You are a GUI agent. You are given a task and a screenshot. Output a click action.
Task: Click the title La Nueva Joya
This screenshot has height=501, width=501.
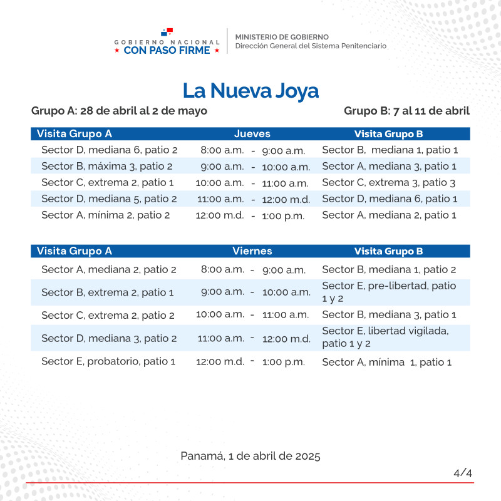[x=250, y=91]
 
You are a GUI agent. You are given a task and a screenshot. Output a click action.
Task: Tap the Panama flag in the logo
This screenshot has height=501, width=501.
[x=167, y=31]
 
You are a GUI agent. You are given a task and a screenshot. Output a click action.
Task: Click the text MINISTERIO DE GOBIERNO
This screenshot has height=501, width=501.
[x=282, y=37]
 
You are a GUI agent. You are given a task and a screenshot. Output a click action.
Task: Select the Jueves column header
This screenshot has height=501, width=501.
[x=252, y=133]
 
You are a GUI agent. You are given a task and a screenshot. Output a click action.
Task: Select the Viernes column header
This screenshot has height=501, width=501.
[x=252, y=251]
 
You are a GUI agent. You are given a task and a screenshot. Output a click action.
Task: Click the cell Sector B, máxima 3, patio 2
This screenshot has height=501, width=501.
[x=106, y=167]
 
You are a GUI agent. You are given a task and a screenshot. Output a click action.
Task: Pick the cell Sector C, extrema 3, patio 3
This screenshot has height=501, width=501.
[x=388, y=183]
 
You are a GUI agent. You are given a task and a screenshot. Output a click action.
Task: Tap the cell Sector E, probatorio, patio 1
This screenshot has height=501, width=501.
[x=108, y=361]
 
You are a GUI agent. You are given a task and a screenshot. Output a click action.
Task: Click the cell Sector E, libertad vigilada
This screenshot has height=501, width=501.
[x=385, y=337]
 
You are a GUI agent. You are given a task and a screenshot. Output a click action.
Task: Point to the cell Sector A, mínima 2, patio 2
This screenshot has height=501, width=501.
[x=106, y=215]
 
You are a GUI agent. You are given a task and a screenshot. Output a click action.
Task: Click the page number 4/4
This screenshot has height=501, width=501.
[x=463, y=473]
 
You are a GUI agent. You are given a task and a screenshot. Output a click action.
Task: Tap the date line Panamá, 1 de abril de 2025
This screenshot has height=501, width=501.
[x=250, y=456]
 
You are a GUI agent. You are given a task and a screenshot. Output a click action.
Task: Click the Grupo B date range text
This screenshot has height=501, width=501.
[x=406, y=111]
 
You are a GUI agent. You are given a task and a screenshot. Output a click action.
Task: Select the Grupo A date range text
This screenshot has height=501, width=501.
[x=119, y=111]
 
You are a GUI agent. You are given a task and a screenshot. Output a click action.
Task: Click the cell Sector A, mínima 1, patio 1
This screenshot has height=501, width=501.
[x=386, y=362]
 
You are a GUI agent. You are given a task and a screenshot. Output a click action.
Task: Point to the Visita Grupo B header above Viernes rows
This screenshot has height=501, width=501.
[x=388, y=251]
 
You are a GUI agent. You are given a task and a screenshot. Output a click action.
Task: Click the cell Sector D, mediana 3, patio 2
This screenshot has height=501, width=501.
[x=109, y=339]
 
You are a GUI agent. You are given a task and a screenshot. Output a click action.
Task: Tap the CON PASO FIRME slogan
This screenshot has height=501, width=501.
[x=167, y=50]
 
